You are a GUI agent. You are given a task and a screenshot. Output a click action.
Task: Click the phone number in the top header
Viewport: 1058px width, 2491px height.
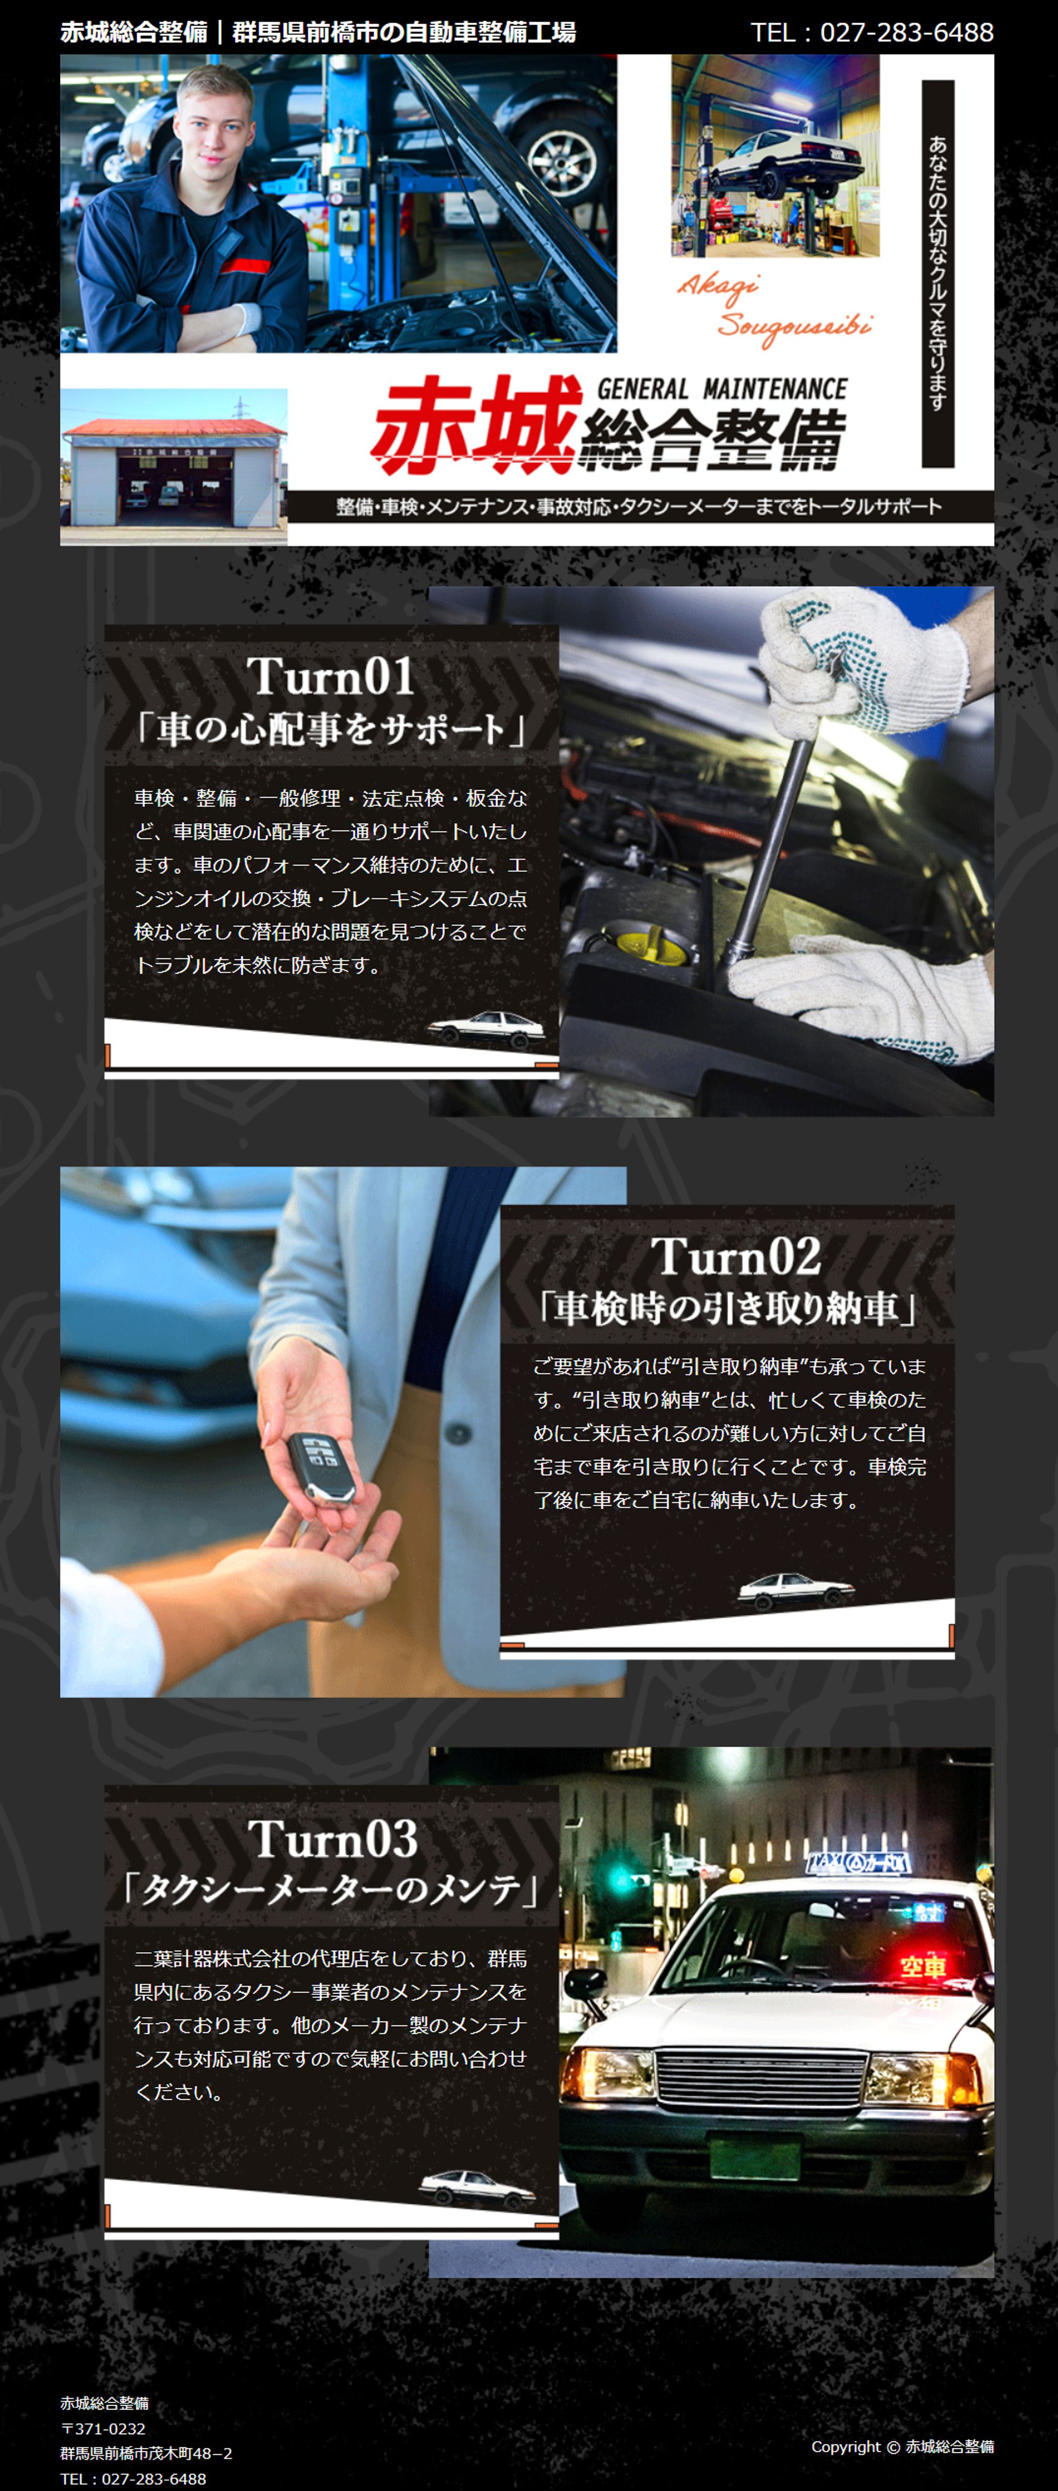coord(872,32)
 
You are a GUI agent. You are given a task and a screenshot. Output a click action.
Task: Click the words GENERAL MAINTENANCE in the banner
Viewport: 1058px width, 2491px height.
coord(721,389)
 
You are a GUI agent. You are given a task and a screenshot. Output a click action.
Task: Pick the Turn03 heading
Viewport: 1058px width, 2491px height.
coord(333,1838)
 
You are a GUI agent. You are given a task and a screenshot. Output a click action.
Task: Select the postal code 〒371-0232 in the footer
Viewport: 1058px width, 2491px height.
coord(103,2428)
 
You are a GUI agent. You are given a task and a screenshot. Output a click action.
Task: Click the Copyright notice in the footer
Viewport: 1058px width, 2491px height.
coord(902,2445)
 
